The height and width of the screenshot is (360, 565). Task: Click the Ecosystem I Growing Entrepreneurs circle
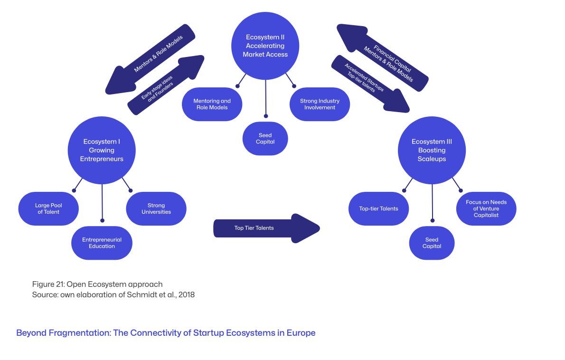[102, 150]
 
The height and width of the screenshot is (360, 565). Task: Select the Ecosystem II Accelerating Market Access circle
[265, 46]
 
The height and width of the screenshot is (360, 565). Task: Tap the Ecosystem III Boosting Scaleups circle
[432, 150]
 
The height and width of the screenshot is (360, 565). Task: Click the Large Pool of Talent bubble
[48, 208]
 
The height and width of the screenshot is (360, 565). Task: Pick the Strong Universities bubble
[156, 208]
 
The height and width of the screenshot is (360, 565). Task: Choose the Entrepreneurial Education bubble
[102, 243]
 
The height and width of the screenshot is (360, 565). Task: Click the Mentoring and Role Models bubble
[212, 104]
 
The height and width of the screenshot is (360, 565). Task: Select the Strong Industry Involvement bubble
[320, 104]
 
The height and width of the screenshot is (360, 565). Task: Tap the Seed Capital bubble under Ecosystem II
[265, 139]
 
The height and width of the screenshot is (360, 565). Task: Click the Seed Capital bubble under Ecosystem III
[432, 243]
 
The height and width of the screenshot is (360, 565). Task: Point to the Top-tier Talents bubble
[378, 208]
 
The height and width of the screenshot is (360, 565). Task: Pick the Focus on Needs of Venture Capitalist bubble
[486, 208]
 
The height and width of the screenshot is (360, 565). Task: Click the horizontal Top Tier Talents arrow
[267, 228]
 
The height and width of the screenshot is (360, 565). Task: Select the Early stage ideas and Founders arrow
[166, 85]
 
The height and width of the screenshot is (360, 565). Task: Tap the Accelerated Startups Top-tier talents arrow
[370, 84]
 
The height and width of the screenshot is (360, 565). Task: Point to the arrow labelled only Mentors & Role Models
[150, 59]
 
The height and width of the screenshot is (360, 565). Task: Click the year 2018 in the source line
[186, 295]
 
